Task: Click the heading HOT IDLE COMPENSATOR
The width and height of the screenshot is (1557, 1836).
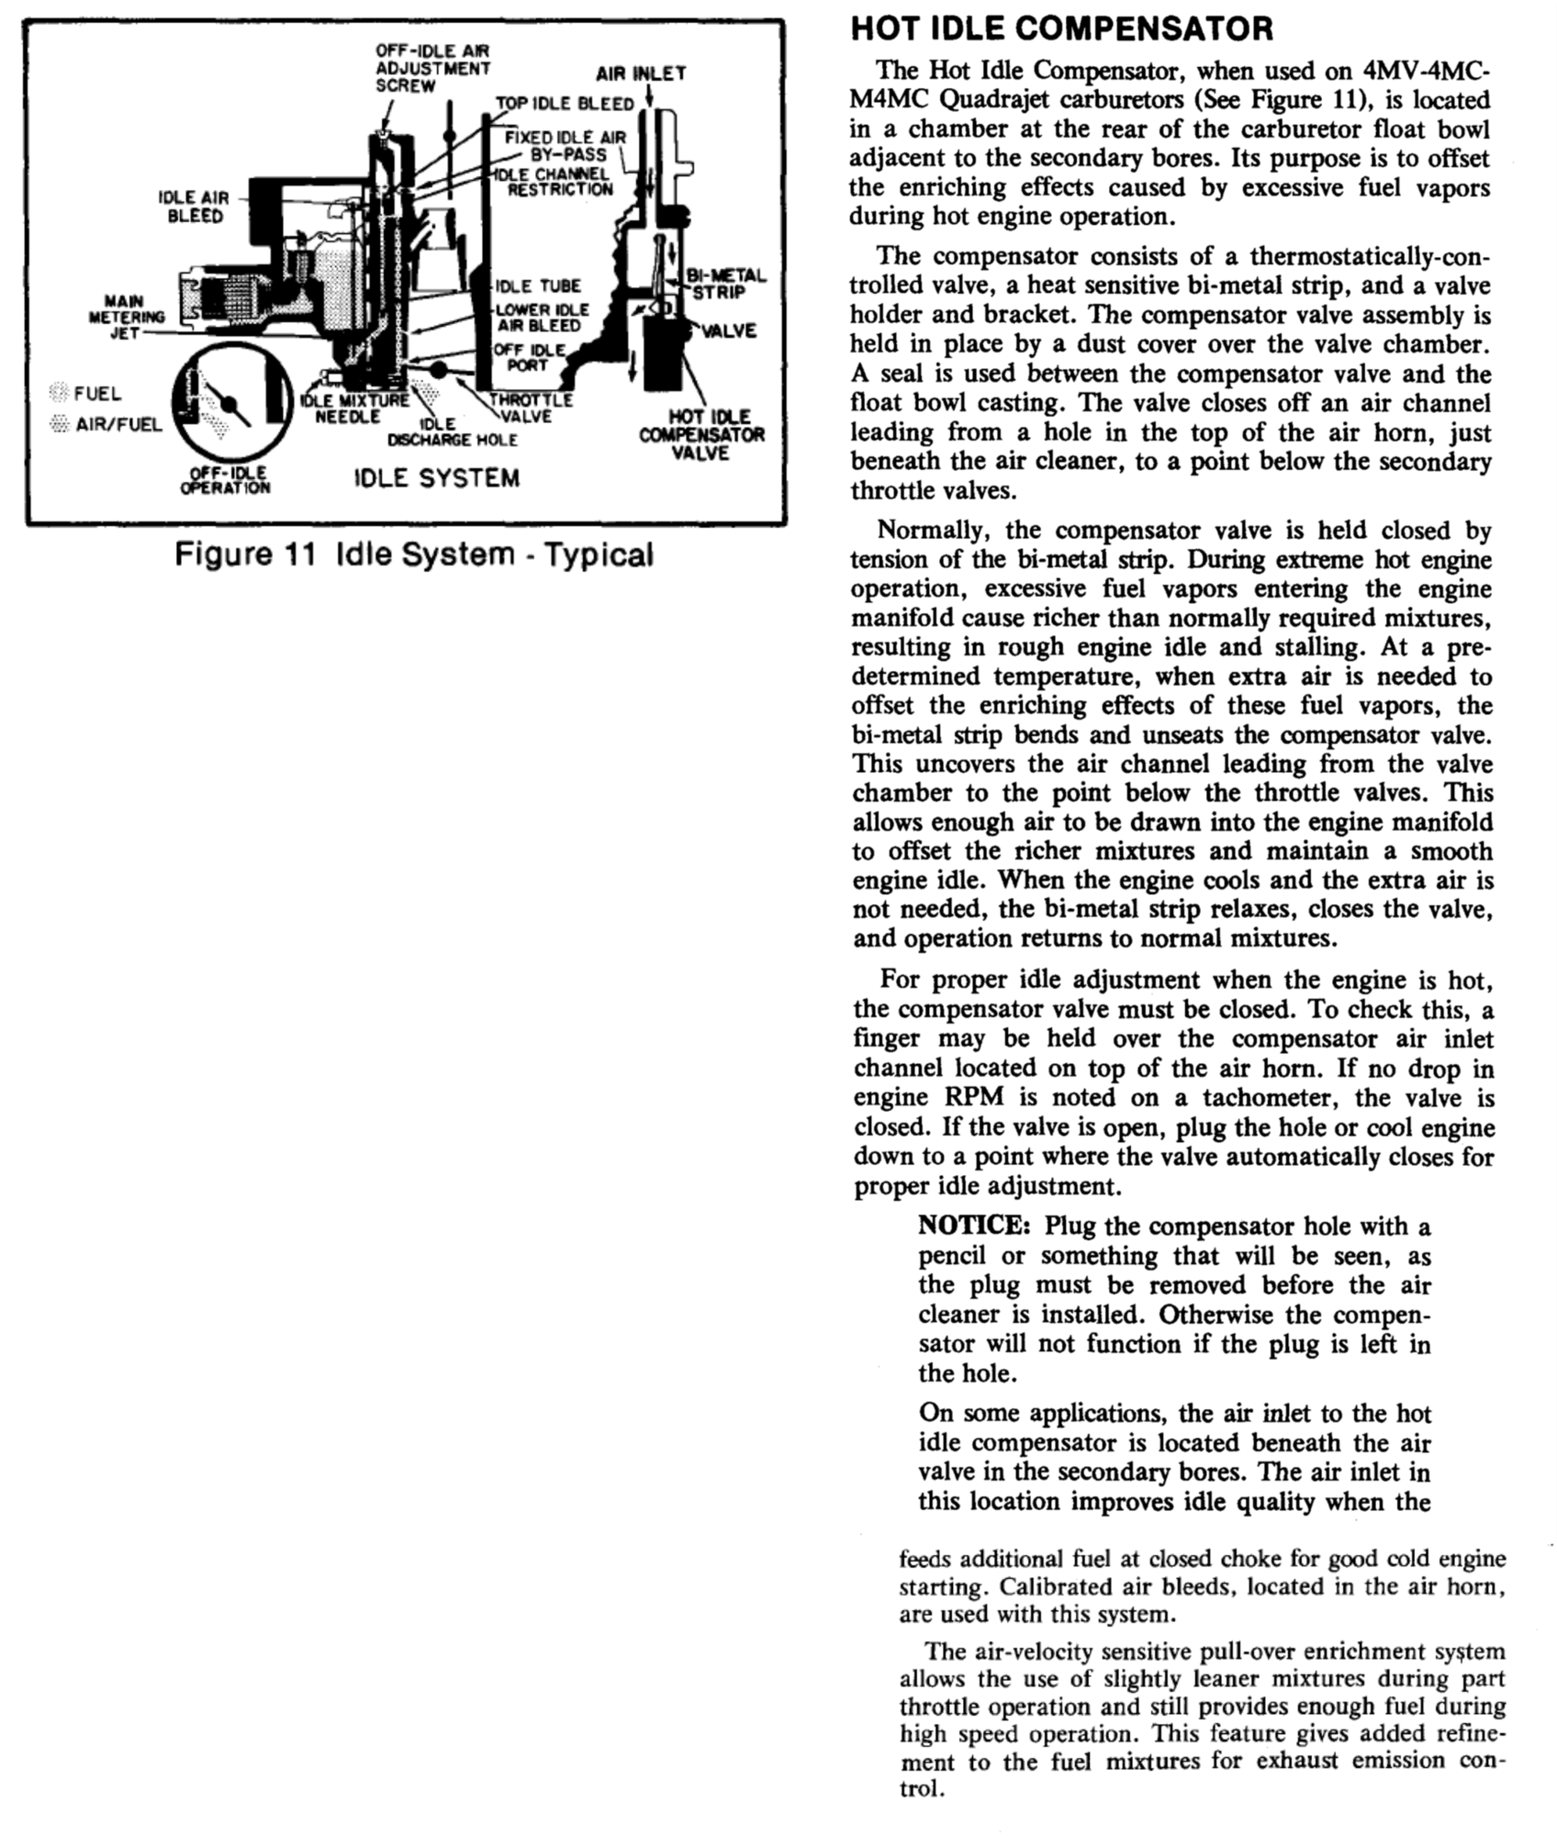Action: pos(1062,28)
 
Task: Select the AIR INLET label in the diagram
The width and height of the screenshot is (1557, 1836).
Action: pos(640,73)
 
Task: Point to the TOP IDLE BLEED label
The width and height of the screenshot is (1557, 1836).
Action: pos(565,104)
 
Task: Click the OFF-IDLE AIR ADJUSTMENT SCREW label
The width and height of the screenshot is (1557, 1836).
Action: pos(432,67)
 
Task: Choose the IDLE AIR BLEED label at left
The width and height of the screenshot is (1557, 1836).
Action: pos(194,207)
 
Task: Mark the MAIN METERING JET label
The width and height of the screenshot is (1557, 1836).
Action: pos(134,317)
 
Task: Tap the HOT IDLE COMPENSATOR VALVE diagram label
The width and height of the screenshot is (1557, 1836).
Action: pos(702,435)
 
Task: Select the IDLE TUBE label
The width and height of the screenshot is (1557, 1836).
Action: pos(538,285)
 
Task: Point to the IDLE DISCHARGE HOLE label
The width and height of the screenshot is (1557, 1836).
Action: pos(453,432)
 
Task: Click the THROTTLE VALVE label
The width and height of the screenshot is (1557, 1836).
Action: pos(531,409)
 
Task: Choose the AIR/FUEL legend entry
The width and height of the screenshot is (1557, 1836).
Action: pos(118,424)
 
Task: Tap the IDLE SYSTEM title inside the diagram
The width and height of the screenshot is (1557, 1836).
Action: pos(436,478)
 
